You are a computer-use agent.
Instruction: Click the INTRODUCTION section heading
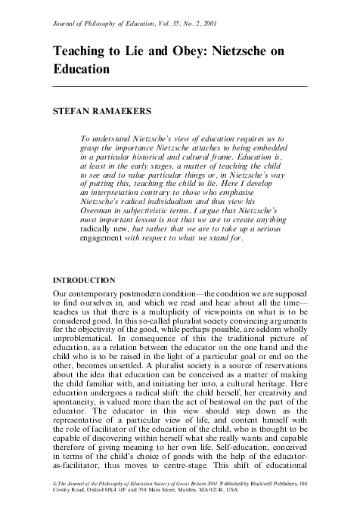point(84,279)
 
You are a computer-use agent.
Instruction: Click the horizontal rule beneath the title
point(181,87)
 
